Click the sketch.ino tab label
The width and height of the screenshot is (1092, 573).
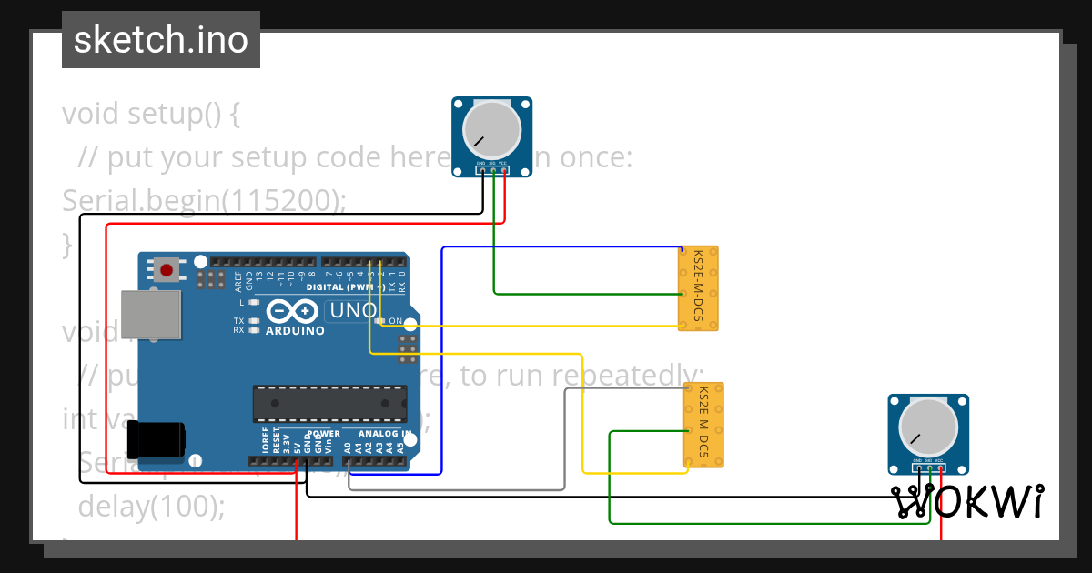[161, 40]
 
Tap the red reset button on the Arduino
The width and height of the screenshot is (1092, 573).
[167, 269]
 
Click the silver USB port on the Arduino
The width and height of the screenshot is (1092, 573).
[151, 312]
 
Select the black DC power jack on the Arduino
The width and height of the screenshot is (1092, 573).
[157, 439]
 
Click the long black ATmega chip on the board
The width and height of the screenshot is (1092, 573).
[329, 398]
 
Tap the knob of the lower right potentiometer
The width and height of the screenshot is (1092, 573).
[928, 425]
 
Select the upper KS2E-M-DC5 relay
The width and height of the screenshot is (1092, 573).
[699, 287]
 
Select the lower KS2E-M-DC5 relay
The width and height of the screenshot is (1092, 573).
[703, 425]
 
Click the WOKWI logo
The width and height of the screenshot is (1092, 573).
[966, 502]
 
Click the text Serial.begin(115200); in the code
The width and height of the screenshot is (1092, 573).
[204, 201]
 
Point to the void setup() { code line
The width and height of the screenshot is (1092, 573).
[151, 114]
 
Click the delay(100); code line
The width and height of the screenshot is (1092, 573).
[151, 506]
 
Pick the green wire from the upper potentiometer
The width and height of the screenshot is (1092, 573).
[494, 255]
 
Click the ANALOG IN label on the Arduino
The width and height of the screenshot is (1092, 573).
[384, 434]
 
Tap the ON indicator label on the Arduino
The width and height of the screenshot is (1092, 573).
[395, 321]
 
